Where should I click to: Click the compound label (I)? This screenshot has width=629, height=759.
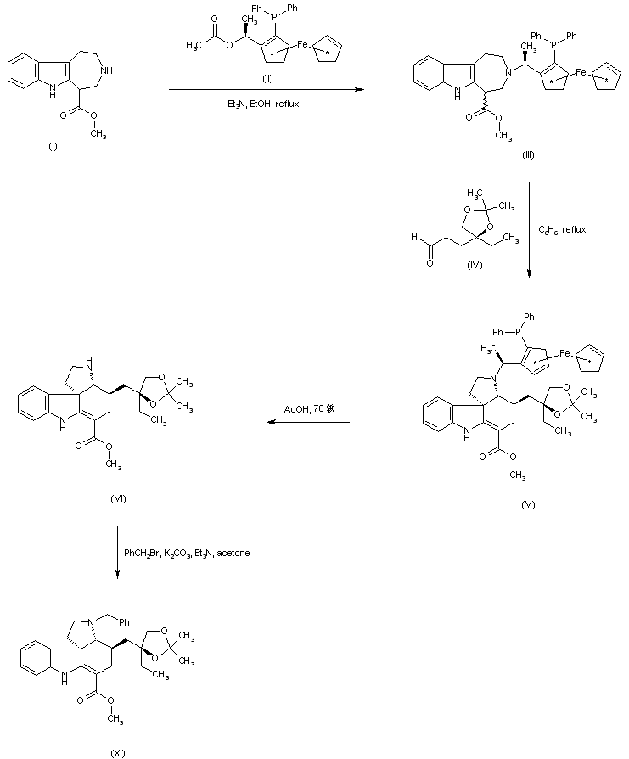tap(53, 147)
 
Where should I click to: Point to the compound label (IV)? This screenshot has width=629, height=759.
tap(475, 266)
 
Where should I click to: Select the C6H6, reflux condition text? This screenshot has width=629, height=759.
tap(563, 229)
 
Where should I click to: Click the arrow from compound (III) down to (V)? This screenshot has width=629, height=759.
tap(530, 229)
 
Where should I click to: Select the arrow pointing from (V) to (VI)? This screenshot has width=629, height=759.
tap(306, 422)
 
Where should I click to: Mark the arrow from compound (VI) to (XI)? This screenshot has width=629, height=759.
tap(117, 552)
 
